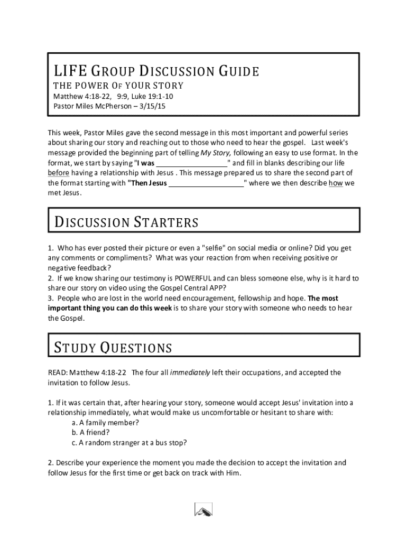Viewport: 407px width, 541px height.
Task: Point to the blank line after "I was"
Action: pos(191,163)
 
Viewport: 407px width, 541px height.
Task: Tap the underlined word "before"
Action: pos(59,173)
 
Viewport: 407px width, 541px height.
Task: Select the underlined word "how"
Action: pos(335,183)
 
